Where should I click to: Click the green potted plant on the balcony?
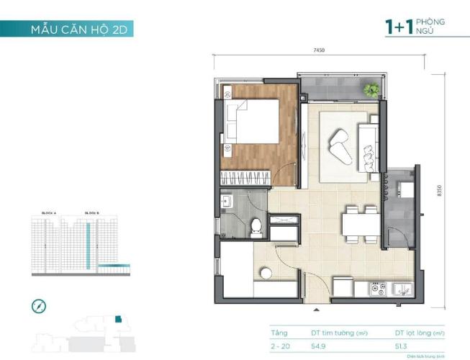[371, 90]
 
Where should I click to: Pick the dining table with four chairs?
[360, 221]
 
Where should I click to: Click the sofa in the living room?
[367, 144]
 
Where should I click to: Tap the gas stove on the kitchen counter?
[378, 289]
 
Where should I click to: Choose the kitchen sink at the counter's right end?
[402, 289]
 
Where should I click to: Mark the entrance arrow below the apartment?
[316, 310]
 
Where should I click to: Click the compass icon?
[39, 306]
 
